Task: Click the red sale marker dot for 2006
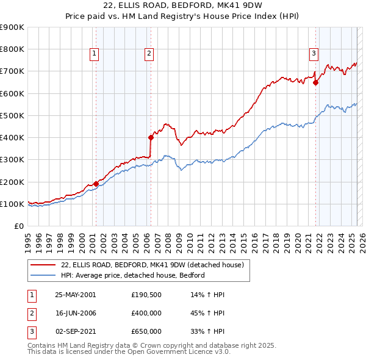150,137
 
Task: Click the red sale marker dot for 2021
315,82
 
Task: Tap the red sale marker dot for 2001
96,184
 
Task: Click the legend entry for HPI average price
132,275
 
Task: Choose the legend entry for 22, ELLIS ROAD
152,265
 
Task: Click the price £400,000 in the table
146,313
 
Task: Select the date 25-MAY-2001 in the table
75,295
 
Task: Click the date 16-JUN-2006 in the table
75,313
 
